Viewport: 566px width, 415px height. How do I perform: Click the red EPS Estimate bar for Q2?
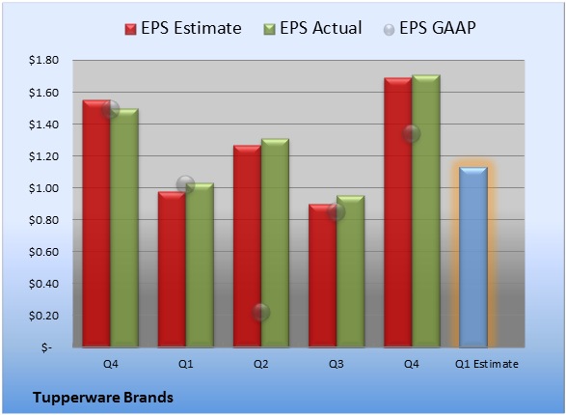247,246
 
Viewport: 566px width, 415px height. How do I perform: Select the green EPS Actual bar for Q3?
350,271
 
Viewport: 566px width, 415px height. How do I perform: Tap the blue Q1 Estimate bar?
473,257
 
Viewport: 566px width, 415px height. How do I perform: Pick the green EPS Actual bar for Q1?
200,265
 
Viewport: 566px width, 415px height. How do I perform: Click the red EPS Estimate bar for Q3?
323,276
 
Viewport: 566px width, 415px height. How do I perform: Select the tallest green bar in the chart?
426,211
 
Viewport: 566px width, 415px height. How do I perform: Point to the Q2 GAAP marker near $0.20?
260,312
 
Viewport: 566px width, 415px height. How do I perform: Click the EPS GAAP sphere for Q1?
185,184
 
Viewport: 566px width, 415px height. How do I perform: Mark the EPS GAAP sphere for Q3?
337,211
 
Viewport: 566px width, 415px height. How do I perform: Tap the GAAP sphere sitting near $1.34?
411,133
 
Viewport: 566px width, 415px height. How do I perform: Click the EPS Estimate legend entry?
183,28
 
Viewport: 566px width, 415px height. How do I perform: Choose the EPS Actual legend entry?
312,28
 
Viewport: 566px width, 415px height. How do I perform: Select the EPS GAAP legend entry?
429,28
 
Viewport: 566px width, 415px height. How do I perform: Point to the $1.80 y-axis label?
43,60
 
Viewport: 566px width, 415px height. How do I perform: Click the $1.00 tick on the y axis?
43,188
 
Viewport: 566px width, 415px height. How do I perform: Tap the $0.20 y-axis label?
43,316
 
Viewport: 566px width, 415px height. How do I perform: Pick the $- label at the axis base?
46,347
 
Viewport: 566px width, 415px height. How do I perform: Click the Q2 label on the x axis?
260,364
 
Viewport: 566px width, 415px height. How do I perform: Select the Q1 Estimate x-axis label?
487,364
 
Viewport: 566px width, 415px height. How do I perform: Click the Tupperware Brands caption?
103,398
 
